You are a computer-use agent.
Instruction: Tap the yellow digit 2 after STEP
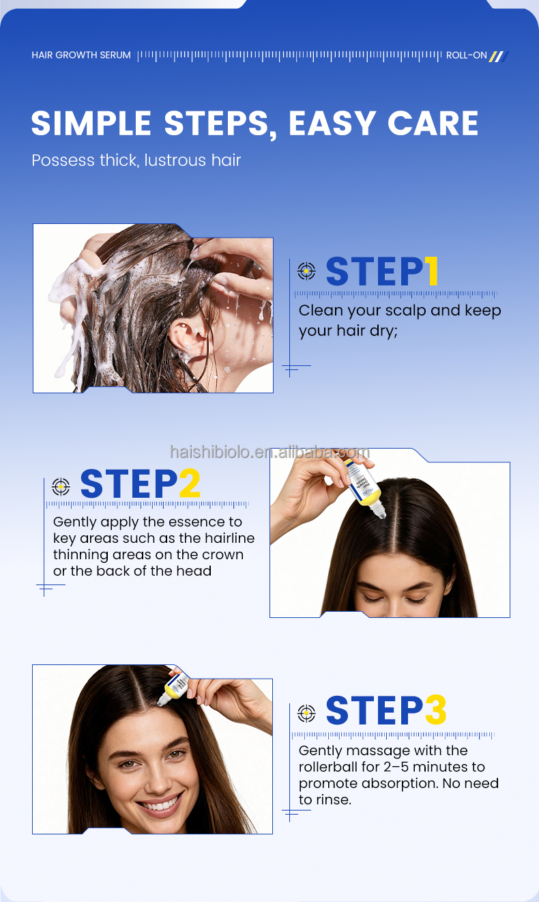click(x=189, y=484)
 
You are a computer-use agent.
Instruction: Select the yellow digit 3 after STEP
click(x=435, y=711)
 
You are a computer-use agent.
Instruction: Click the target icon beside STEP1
click(x=307, y=271)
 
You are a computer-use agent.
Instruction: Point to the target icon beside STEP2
click(x=61, y=485)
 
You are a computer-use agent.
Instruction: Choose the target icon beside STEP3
click(x=307, y=713)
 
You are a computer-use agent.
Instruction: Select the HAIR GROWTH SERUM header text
click(x=81, y=55)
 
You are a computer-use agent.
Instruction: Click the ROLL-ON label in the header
click(x=467, y=55)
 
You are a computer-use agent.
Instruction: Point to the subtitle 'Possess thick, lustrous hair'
click(x=136, y=160)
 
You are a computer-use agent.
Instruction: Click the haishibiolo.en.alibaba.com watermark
click(x=269, y=452)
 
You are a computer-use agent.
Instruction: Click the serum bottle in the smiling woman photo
click(x=175, y=686)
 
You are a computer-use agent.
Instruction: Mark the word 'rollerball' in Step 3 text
click(x=332, y=767)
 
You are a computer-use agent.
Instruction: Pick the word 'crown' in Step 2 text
click(x=222, y=554)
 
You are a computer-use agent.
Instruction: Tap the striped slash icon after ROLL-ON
click(x=499, y=56)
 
